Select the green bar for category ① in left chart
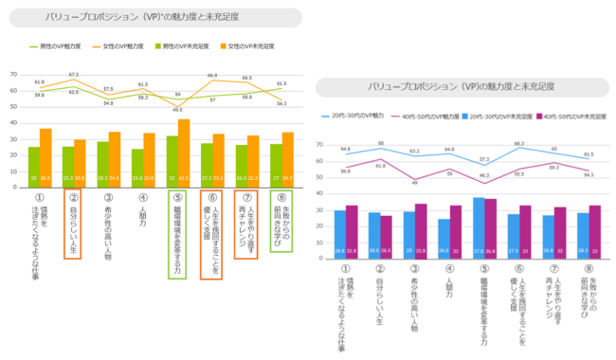(34, 165)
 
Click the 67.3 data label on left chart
(73, 75)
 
